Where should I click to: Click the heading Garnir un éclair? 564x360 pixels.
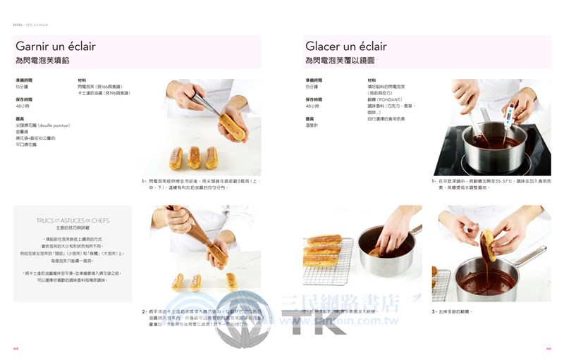56,46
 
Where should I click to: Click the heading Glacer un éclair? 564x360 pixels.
345,46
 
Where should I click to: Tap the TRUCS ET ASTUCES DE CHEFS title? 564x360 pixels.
73,221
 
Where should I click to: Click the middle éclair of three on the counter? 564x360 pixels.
195,157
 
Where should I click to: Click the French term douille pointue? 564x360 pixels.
51,125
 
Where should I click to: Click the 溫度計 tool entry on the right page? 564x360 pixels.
313,125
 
